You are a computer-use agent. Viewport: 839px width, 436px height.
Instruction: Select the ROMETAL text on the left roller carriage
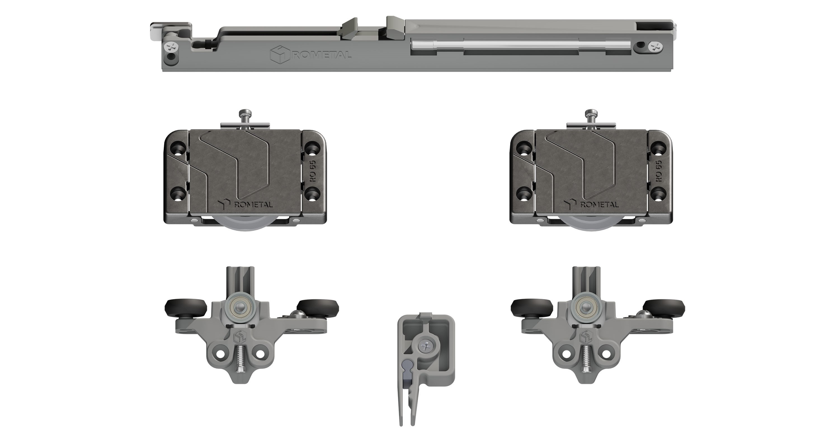tap(253, 204)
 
